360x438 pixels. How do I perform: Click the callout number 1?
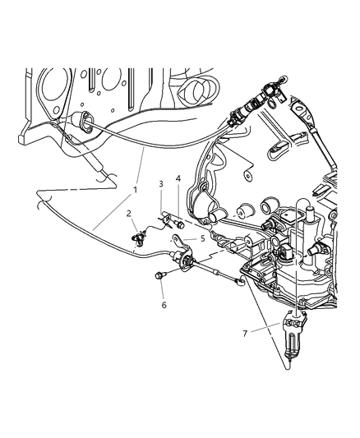(x=135, y=190)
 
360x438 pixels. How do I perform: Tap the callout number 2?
(x=128, y=214)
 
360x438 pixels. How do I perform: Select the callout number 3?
(x=161, y=184)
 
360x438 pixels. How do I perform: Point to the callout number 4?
(x=178, y=178)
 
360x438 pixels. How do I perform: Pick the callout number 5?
(x=203, y=238)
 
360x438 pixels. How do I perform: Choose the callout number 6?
(x=164, y=305)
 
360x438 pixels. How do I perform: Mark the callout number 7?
(x=245, y=334)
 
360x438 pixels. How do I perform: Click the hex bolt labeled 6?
(x=159, y=276)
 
